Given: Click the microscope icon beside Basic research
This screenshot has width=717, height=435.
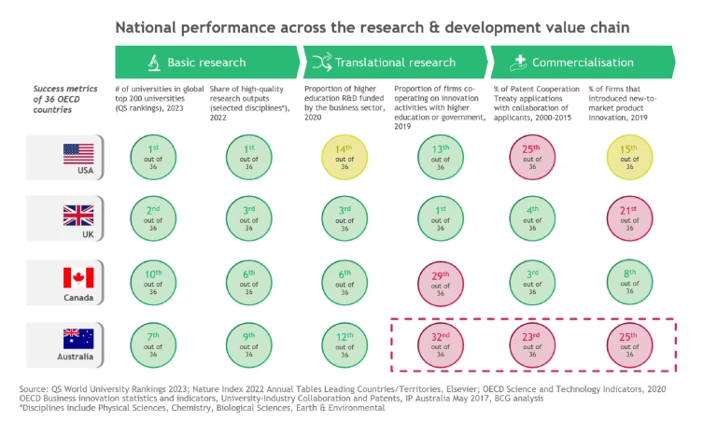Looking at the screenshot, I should pyautogui.click(x=151, y=63).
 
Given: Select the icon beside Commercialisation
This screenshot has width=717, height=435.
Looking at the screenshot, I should pyautogui.click(x=520, y=63).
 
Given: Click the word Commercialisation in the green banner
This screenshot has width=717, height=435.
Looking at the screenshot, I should pyautogui.click(x=583, y=63).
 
